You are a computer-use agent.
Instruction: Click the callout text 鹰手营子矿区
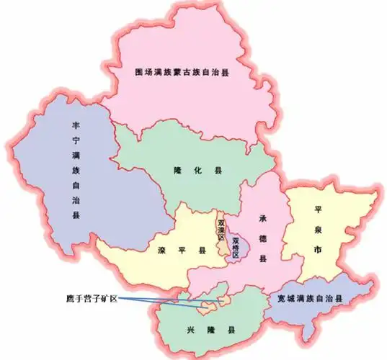coord(92,297)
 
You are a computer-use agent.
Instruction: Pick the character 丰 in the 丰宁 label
coord(76,123)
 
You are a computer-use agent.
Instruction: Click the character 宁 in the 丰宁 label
coord(76,138)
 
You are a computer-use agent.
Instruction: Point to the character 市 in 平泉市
coord(318,248)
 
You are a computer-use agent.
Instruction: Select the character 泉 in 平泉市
coord(318,228)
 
